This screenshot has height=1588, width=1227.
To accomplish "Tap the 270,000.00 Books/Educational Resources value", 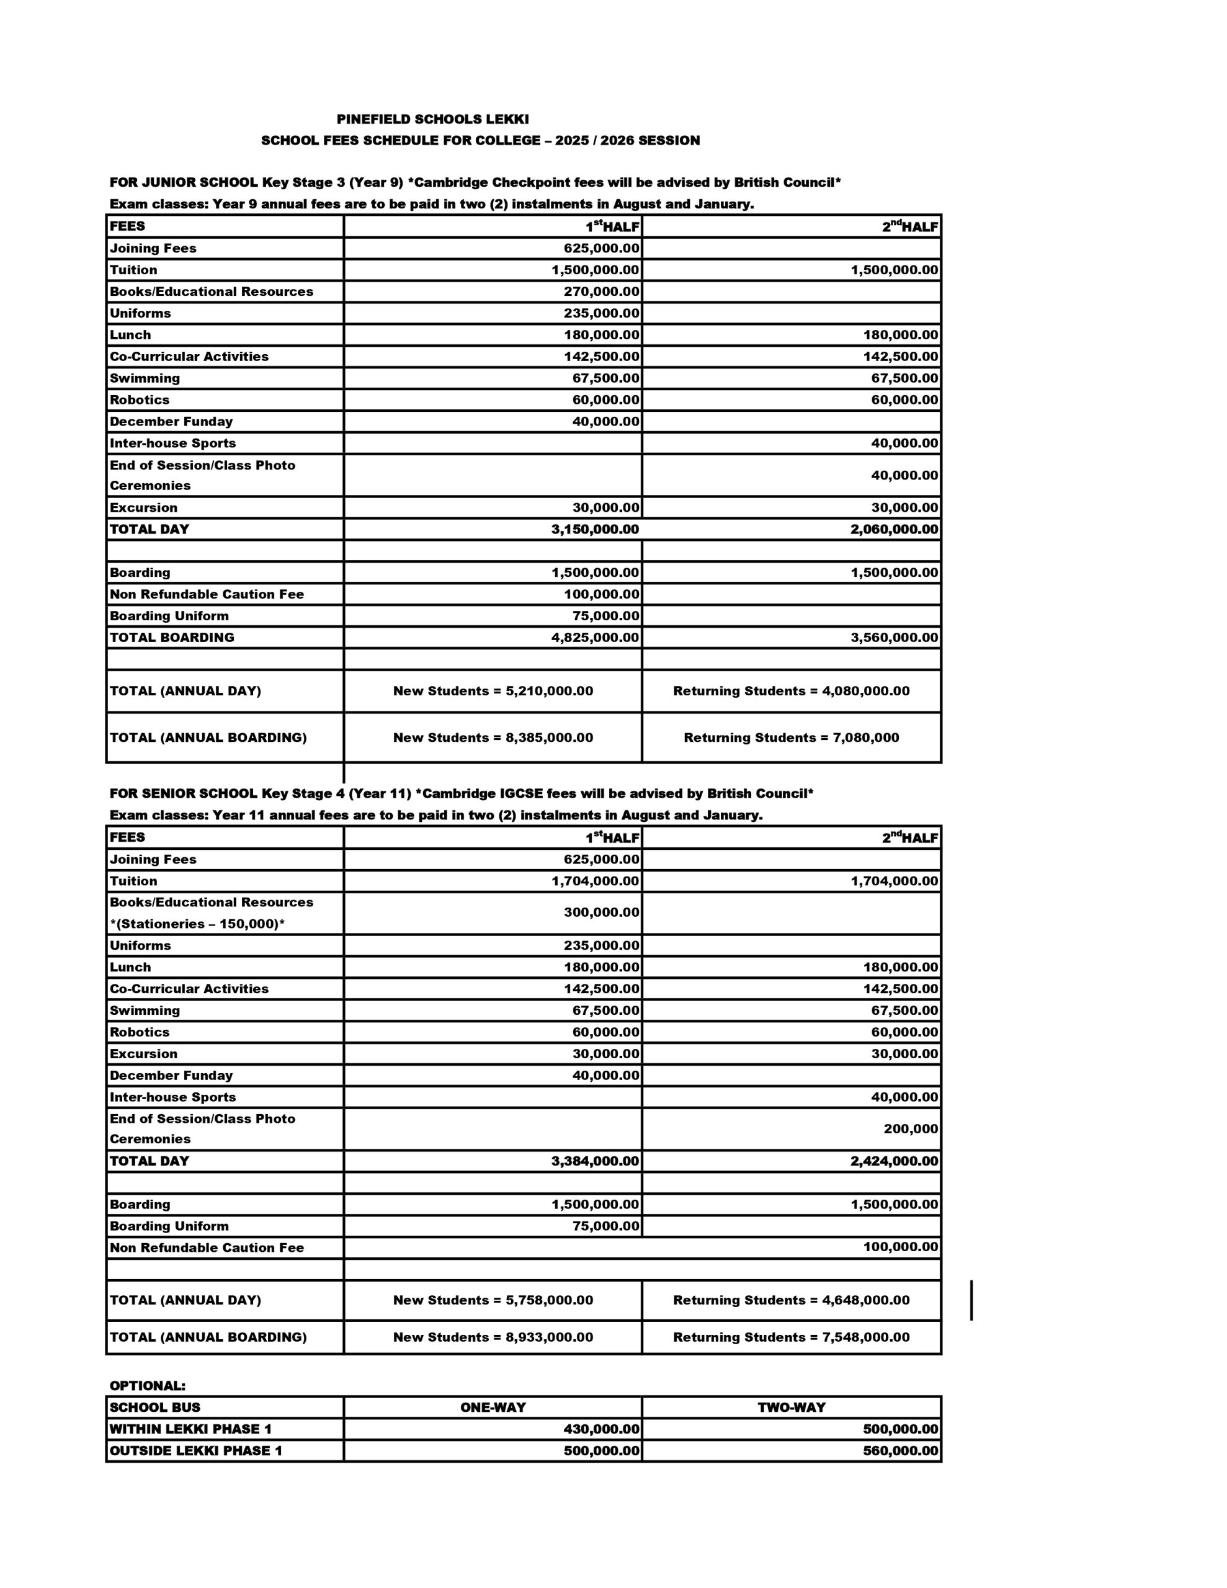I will pyautogui.click(x=602, y=292).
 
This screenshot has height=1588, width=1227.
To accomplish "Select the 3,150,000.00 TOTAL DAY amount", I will pyautogui.click(x=595, y=529).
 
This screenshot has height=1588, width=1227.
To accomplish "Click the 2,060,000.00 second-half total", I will pyautogui.click(x=894, y=529).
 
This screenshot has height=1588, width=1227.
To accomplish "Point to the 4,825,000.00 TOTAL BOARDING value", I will pyautogui.click(x=595, y=638).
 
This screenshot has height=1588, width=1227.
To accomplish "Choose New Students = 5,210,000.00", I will pyautogui.click(x=493, y=691).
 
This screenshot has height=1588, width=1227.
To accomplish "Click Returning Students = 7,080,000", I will pyautogui.click(x=791, y=738).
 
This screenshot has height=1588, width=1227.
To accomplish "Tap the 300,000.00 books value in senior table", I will pyautogui.click(x=602, y=912).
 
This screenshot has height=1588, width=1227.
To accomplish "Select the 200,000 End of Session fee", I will pyautogui.click(x=911, y=1128).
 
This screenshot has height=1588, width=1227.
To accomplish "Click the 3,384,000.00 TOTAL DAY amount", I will pyautogui.click(x=595, y=1161).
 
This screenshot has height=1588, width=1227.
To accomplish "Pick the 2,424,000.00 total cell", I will pyautogui.click(x=894, y=1161).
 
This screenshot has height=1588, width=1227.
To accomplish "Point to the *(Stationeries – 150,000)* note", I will pyautogui.click(x=197, y=924).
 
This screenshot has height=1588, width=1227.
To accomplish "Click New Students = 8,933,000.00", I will pyautogui.click(x=493, y=1337).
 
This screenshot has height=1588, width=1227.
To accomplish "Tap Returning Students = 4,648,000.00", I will pyautogui.click(x=791, y=1300).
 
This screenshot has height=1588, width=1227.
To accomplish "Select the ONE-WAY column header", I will pyautogui.click(x=493, y=1407).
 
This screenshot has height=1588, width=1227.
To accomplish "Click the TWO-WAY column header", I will pyautogui.click(x=791, y=1407).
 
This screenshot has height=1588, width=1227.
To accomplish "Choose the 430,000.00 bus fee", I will pyautogui.click(x=602, y=1429).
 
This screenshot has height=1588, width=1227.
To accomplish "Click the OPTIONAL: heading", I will pyautogui.click(x=148, y=1385).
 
